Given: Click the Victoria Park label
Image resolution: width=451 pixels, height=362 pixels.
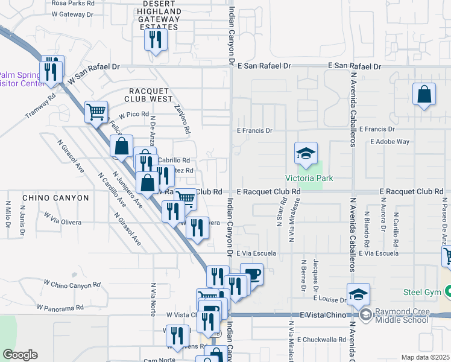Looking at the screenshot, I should pos(309,178).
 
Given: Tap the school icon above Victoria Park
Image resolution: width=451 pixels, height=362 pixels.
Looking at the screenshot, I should pos(306,153).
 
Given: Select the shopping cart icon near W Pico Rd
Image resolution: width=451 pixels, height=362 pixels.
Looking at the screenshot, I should pos(96,112).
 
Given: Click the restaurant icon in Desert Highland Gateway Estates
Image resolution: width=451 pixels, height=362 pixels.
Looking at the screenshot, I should pos(156,40).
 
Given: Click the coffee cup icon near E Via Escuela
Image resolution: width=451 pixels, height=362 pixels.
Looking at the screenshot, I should pos(251,275).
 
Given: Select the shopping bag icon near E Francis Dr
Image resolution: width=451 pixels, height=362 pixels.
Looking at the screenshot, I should pos(424,94).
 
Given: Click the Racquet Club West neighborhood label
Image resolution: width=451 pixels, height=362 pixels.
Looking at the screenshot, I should pos(148,95).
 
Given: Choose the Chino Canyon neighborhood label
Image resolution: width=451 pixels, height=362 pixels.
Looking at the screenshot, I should pos(48,198).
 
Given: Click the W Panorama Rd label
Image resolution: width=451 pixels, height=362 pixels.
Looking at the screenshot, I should pos(60,308).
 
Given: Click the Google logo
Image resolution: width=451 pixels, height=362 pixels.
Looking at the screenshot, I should pos(19,354).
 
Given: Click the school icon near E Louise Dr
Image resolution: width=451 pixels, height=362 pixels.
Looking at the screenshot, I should pos(358,294).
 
